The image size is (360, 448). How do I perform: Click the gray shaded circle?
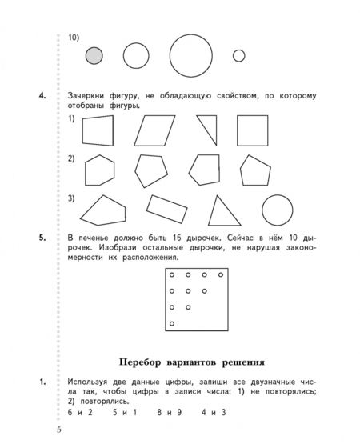pos(94,56)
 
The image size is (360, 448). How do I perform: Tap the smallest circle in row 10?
pos(239,56)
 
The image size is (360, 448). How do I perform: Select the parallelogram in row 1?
pos(154,130)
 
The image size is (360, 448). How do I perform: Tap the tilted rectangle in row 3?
pos(167,209)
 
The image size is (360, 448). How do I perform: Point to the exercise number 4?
pos(42,95)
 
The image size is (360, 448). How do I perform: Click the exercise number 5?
pos(42,238)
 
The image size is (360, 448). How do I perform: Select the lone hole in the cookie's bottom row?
pos(172,324)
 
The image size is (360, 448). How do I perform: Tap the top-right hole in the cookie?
pos(221,275)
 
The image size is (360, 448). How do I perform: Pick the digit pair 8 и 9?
pos(170,412)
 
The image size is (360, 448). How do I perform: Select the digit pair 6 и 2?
pos(80,412)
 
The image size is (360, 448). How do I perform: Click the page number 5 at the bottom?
pos(59,430)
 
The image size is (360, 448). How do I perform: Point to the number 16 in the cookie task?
pos(177,238)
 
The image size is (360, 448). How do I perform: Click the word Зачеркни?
pos(86,96)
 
